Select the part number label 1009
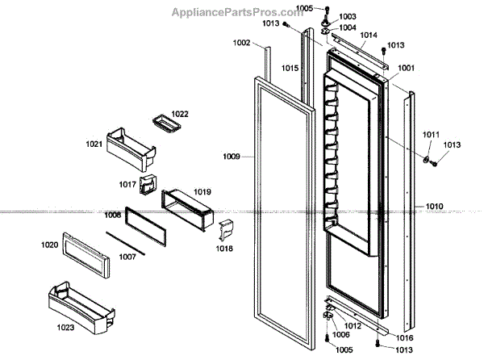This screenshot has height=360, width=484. click(232, 155)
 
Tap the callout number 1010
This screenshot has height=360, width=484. click(435, 207)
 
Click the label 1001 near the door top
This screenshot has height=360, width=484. click(407, 69)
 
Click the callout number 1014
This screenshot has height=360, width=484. click(369, 36)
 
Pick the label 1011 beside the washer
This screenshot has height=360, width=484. click(432, 134)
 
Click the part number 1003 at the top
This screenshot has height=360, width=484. click(348, 16)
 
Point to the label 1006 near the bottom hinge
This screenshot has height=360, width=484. click(340, 334)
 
